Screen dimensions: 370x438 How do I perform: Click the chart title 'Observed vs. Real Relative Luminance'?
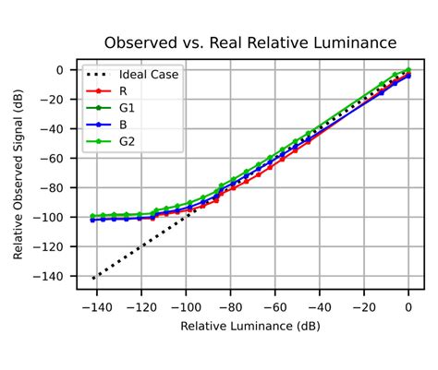point(250,43)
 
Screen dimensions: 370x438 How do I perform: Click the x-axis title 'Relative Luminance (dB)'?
point(250,327)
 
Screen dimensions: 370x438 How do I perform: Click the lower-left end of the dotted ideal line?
point(93,278)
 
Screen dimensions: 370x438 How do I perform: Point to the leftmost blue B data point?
point(93,220)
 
